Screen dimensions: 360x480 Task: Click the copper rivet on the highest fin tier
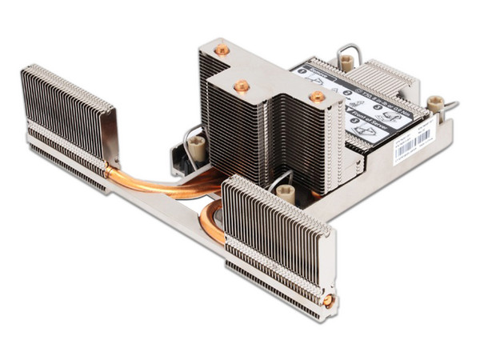coord(222,50)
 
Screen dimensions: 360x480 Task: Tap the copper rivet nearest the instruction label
coord(318,96)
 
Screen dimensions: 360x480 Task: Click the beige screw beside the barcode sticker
coord(435,104)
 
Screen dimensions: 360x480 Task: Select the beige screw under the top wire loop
coord(346,61)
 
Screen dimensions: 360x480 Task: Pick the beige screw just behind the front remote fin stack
coord(286,193)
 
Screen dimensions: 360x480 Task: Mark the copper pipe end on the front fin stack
coord(326,301)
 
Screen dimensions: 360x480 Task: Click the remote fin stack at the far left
coord(68,120)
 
